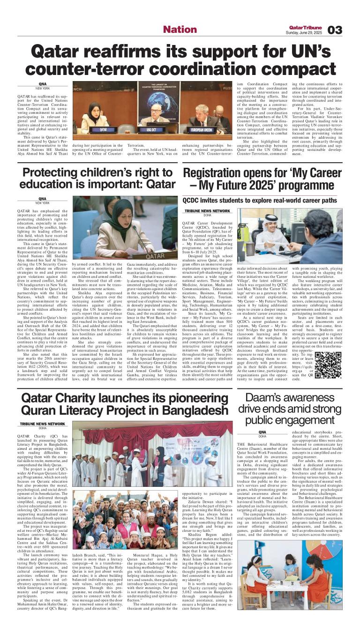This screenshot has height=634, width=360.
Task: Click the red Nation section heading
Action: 180,30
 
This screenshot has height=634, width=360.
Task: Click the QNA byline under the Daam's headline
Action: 262,432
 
